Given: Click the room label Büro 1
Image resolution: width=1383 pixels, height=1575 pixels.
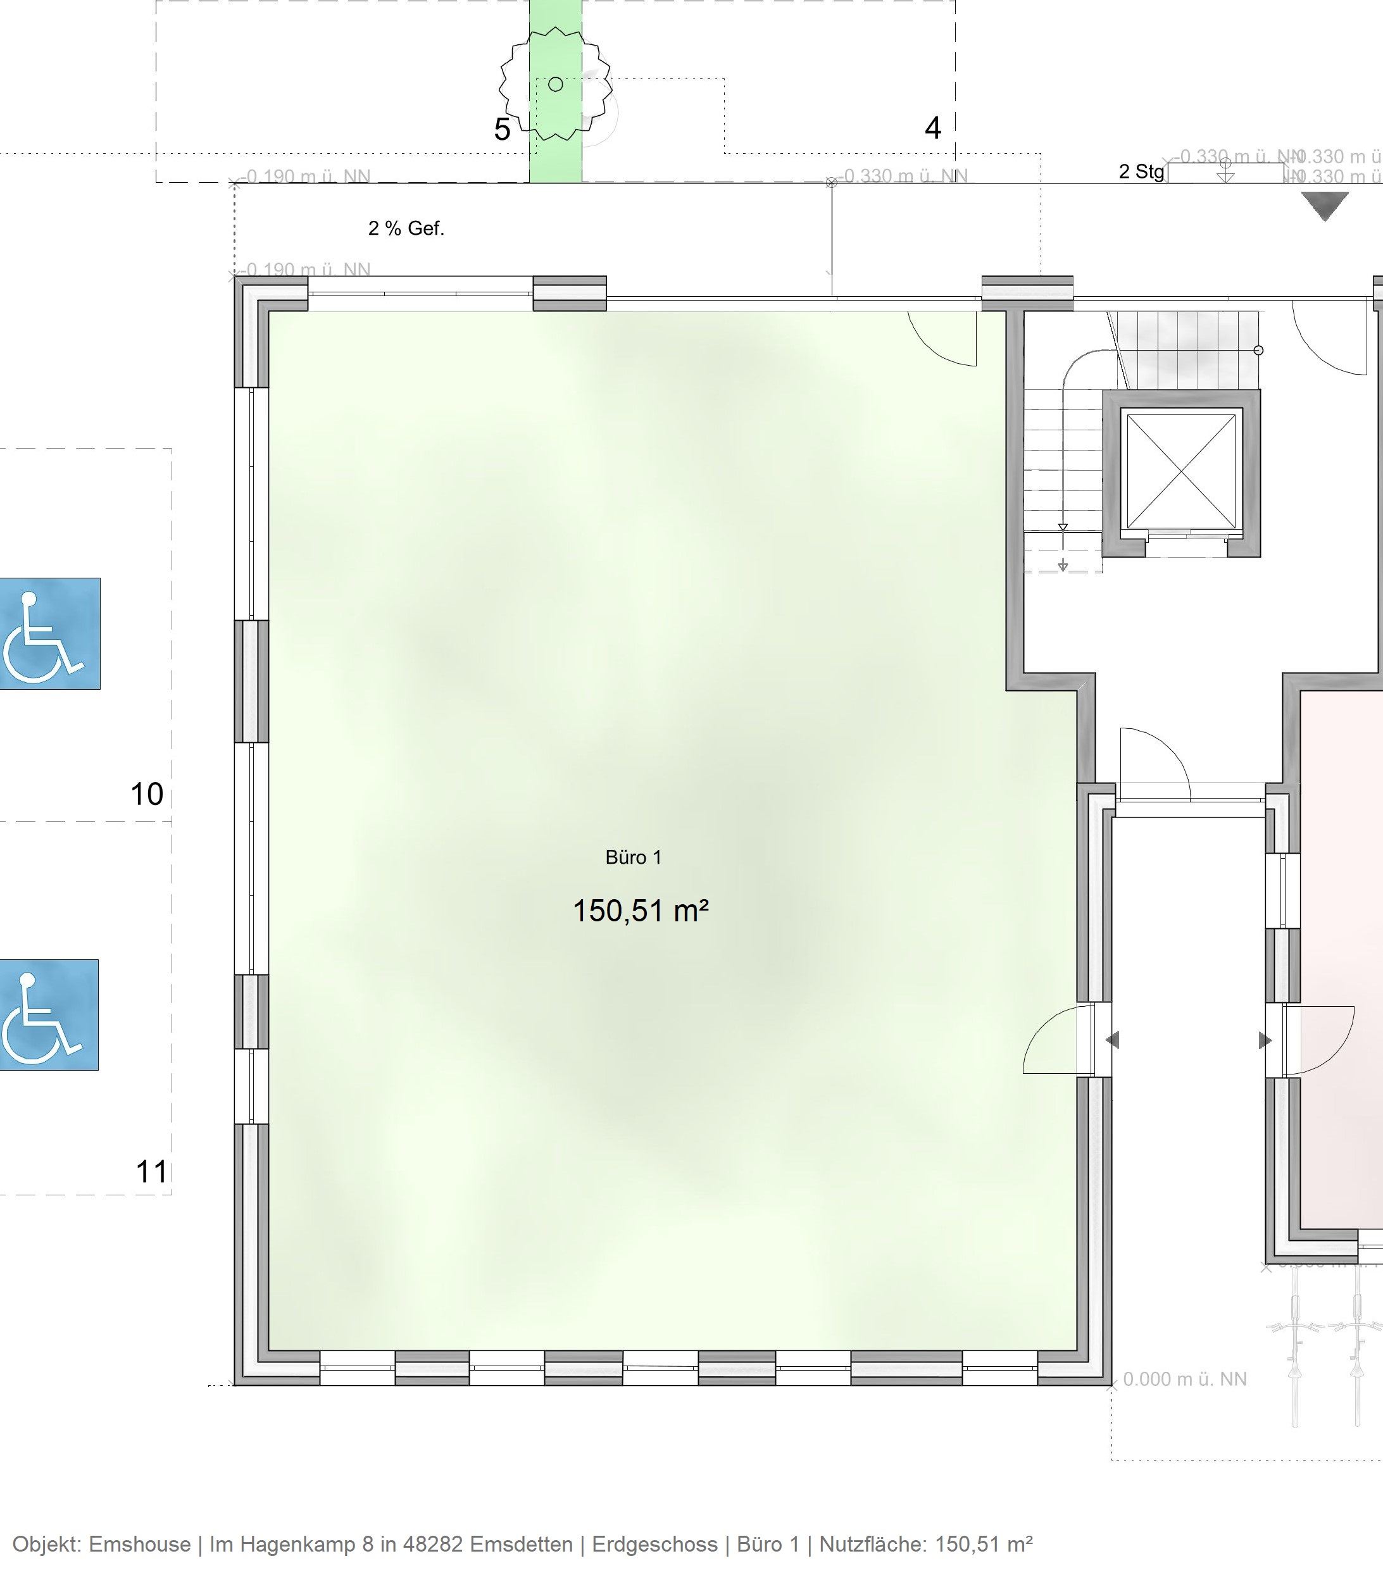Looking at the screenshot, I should (633, 857).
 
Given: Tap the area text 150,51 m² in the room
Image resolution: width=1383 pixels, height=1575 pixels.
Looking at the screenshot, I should (640, 911).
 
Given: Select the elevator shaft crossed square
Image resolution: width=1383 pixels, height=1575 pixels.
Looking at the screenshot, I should (1181, 471).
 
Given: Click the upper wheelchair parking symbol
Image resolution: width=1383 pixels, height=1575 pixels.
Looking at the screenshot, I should (49, 633).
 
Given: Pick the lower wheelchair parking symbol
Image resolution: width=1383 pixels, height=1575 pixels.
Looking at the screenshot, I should (49, 1014).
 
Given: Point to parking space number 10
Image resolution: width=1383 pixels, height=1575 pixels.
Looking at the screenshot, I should (146, 794).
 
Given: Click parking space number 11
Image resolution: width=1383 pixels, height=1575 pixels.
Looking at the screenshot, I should (151, 1172).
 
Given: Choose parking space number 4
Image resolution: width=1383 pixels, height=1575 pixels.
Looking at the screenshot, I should (933, 128).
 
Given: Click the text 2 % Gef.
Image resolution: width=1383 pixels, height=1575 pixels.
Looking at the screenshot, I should (406, 228).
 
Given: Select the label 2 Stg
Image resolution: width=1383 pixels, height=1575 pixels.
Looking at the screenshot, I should (1141, 171).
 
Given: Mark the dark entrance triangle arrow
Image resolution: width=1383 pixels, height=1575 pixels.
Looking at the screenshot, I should (1325, 206).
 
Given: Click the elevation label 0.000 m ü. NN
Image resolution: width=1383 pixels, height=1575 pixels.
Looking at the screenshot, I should (1184, 1379).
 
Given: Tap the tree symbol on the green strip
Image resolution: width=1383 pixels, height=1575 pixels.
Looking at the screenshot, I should (555, 85).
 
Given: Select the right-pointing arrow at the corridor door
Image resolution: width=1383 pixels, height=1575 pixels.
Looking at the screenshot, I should (1265, 1041).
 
